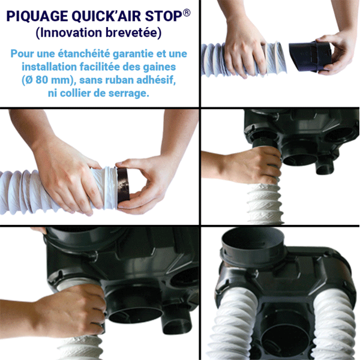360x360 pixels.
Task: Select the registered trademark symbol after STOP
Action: (187, 10)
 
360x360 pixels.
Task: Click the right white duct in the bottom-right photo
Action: (333, 327)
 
